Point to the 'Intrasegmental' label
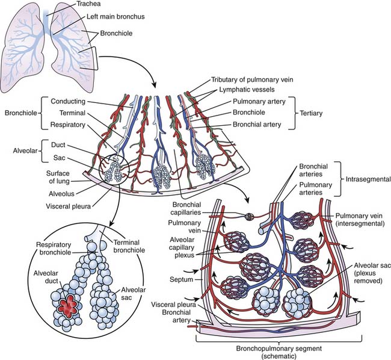[x=364, y=179]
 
